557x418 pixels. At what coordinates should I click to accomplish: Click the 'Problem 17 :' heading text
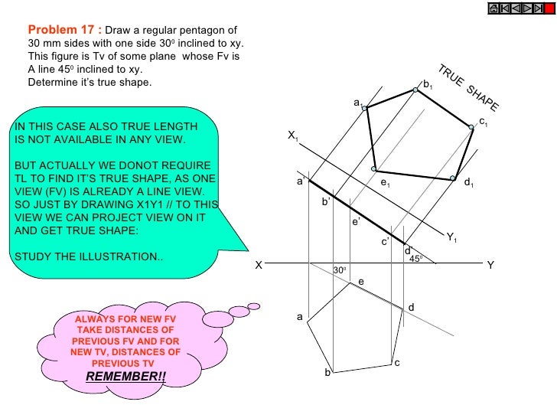[x=64, y=30]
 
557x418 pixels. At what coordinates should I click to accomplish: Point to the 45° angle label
[x=415, y=259]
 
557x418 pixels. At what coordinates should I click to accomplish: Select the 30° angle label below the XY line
[x=340, y=271]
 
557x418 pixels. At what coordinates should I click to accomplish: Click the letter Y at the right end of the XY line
[x=490, y=265]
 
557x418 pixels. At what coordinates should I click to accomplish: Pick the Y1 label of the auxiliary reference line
[x=451, y=237]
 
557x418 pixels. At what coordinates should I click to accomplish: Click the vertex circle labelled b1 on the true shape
[x=415, y=90]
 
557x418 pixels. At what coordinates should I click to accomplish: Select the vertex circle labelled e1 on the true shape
[x=373, y=168]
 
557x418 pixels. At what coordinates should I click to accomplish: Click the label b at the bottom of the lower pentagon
[x=327, y=372]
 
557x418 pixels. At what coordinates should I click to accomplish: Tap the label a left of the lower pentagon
[x=301, y=316]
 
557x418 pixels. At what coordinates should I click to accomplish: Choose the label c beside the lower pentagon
[x=397, y=362]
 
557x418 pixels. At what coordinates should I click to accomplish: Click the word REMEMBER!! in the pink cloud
[x=125, y=377]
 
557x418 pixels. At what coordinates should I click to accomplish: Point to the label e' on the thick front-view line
[x=355, y=221]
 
